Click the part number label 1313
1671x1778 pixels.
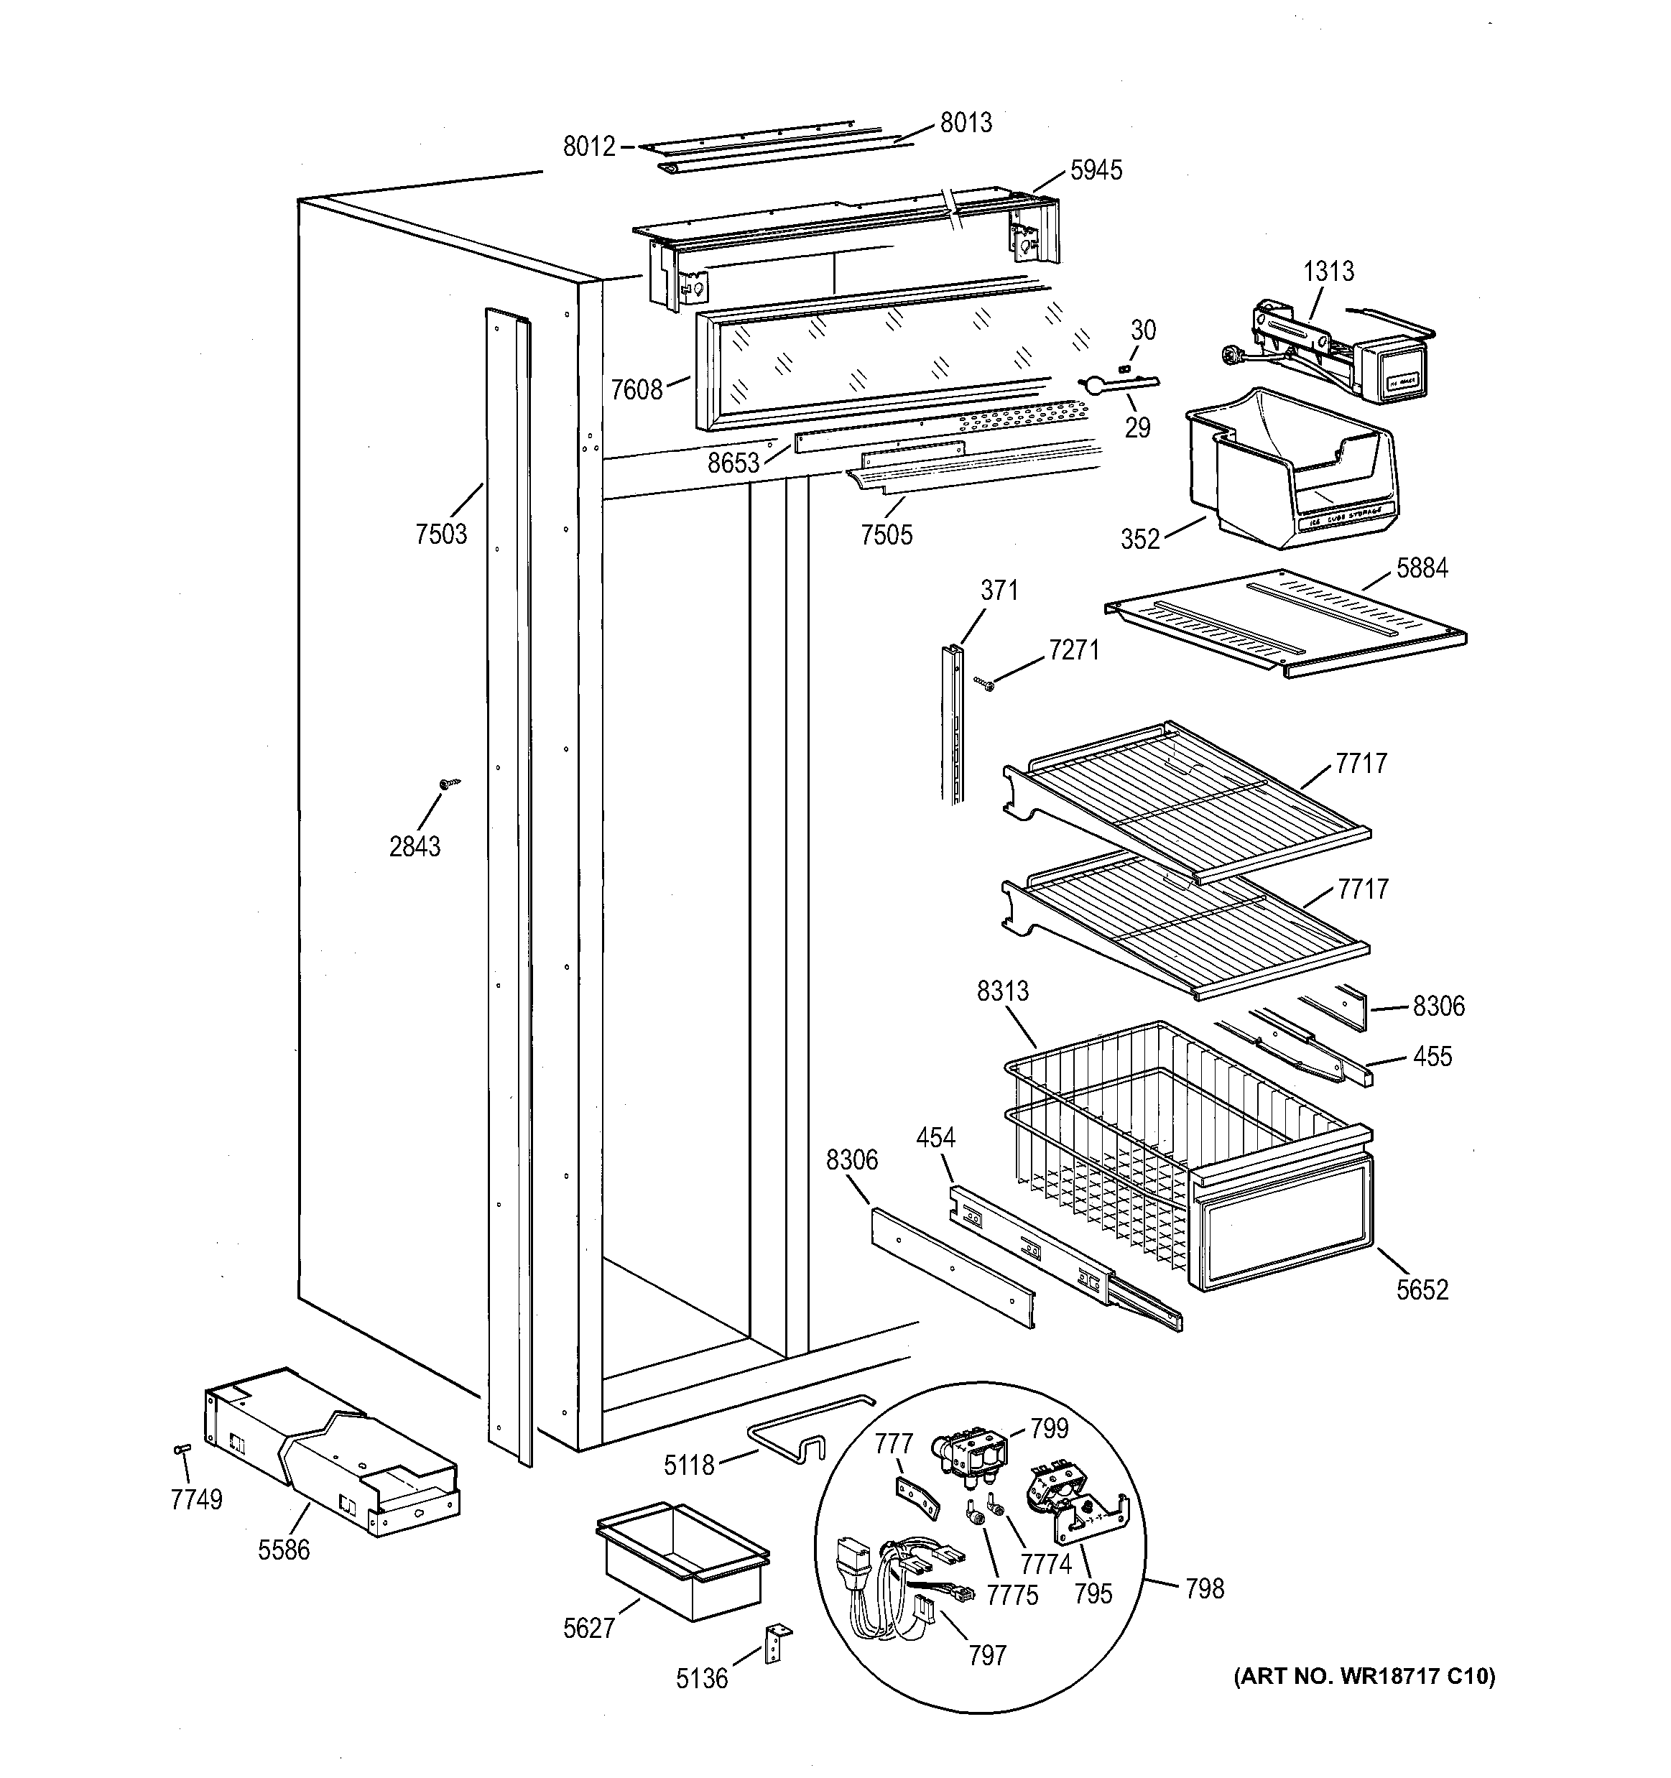1328,271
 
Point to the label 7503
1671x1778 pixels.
441,534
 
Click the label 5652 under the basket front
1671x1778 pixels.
1422,1289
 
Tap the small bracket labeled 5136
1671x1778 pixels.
777,1642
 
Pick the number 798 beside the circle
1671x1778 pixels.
1204,1588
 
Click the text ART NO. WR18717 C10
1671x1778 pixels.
1364,1676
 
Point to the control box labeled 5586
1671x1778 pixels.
331,1453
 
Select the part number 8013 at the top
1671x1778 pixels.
966,123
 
